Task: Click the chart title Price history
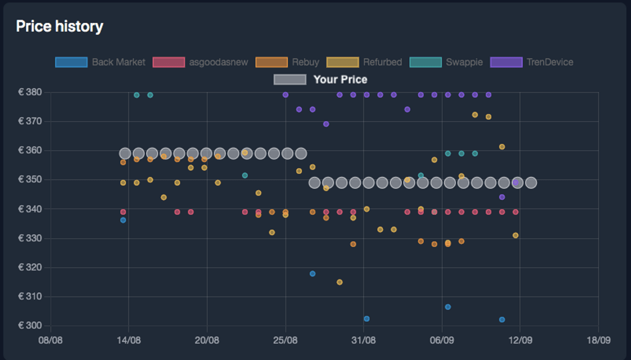(x=59, y=26)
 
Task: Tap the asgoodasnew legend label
(x=218, y=62)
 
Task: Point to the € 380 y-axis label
(x=30, y=92)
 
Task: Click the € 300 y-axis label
(x=30, y=325)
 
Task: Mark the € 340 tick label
(x=30, y=209)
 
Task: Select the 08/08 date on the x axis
(x=50, y=340)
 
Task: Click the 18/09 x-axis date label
(x=599, y=340)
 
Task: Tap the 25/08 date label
(x=285, y=340)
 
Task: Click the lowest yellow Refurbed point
(x=339, y=282)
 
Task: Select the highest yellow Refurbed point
(x=475, y=115)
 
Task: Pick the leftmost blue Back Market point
(x=123, y=220)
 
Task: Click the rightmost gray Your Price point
(x=531, y=183)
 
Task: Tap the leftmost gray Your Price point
(x=125, y=154)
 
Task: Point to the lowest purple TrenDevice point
(x=502, y=197)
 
